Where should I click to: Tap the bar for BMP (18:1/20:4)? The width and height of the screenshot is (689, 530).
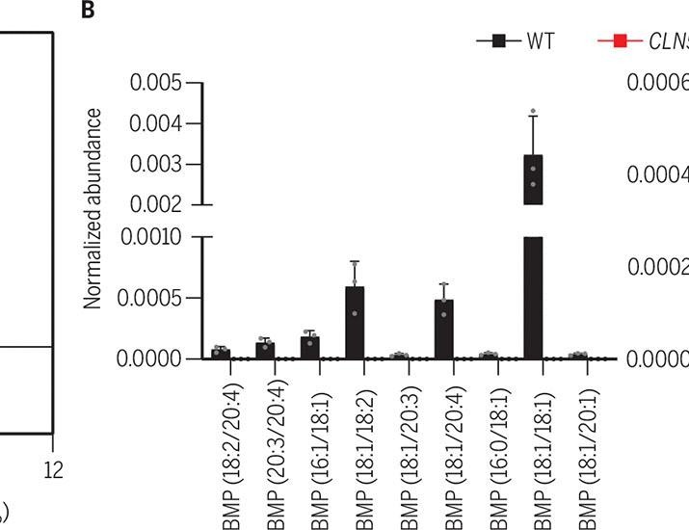click(443, 329)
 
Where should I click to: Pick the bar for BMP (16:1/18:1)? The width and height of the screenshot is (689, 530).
click(309, 347)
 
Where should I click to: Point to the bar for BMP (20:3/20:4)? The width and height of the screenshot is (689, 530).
click(265, 350)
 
